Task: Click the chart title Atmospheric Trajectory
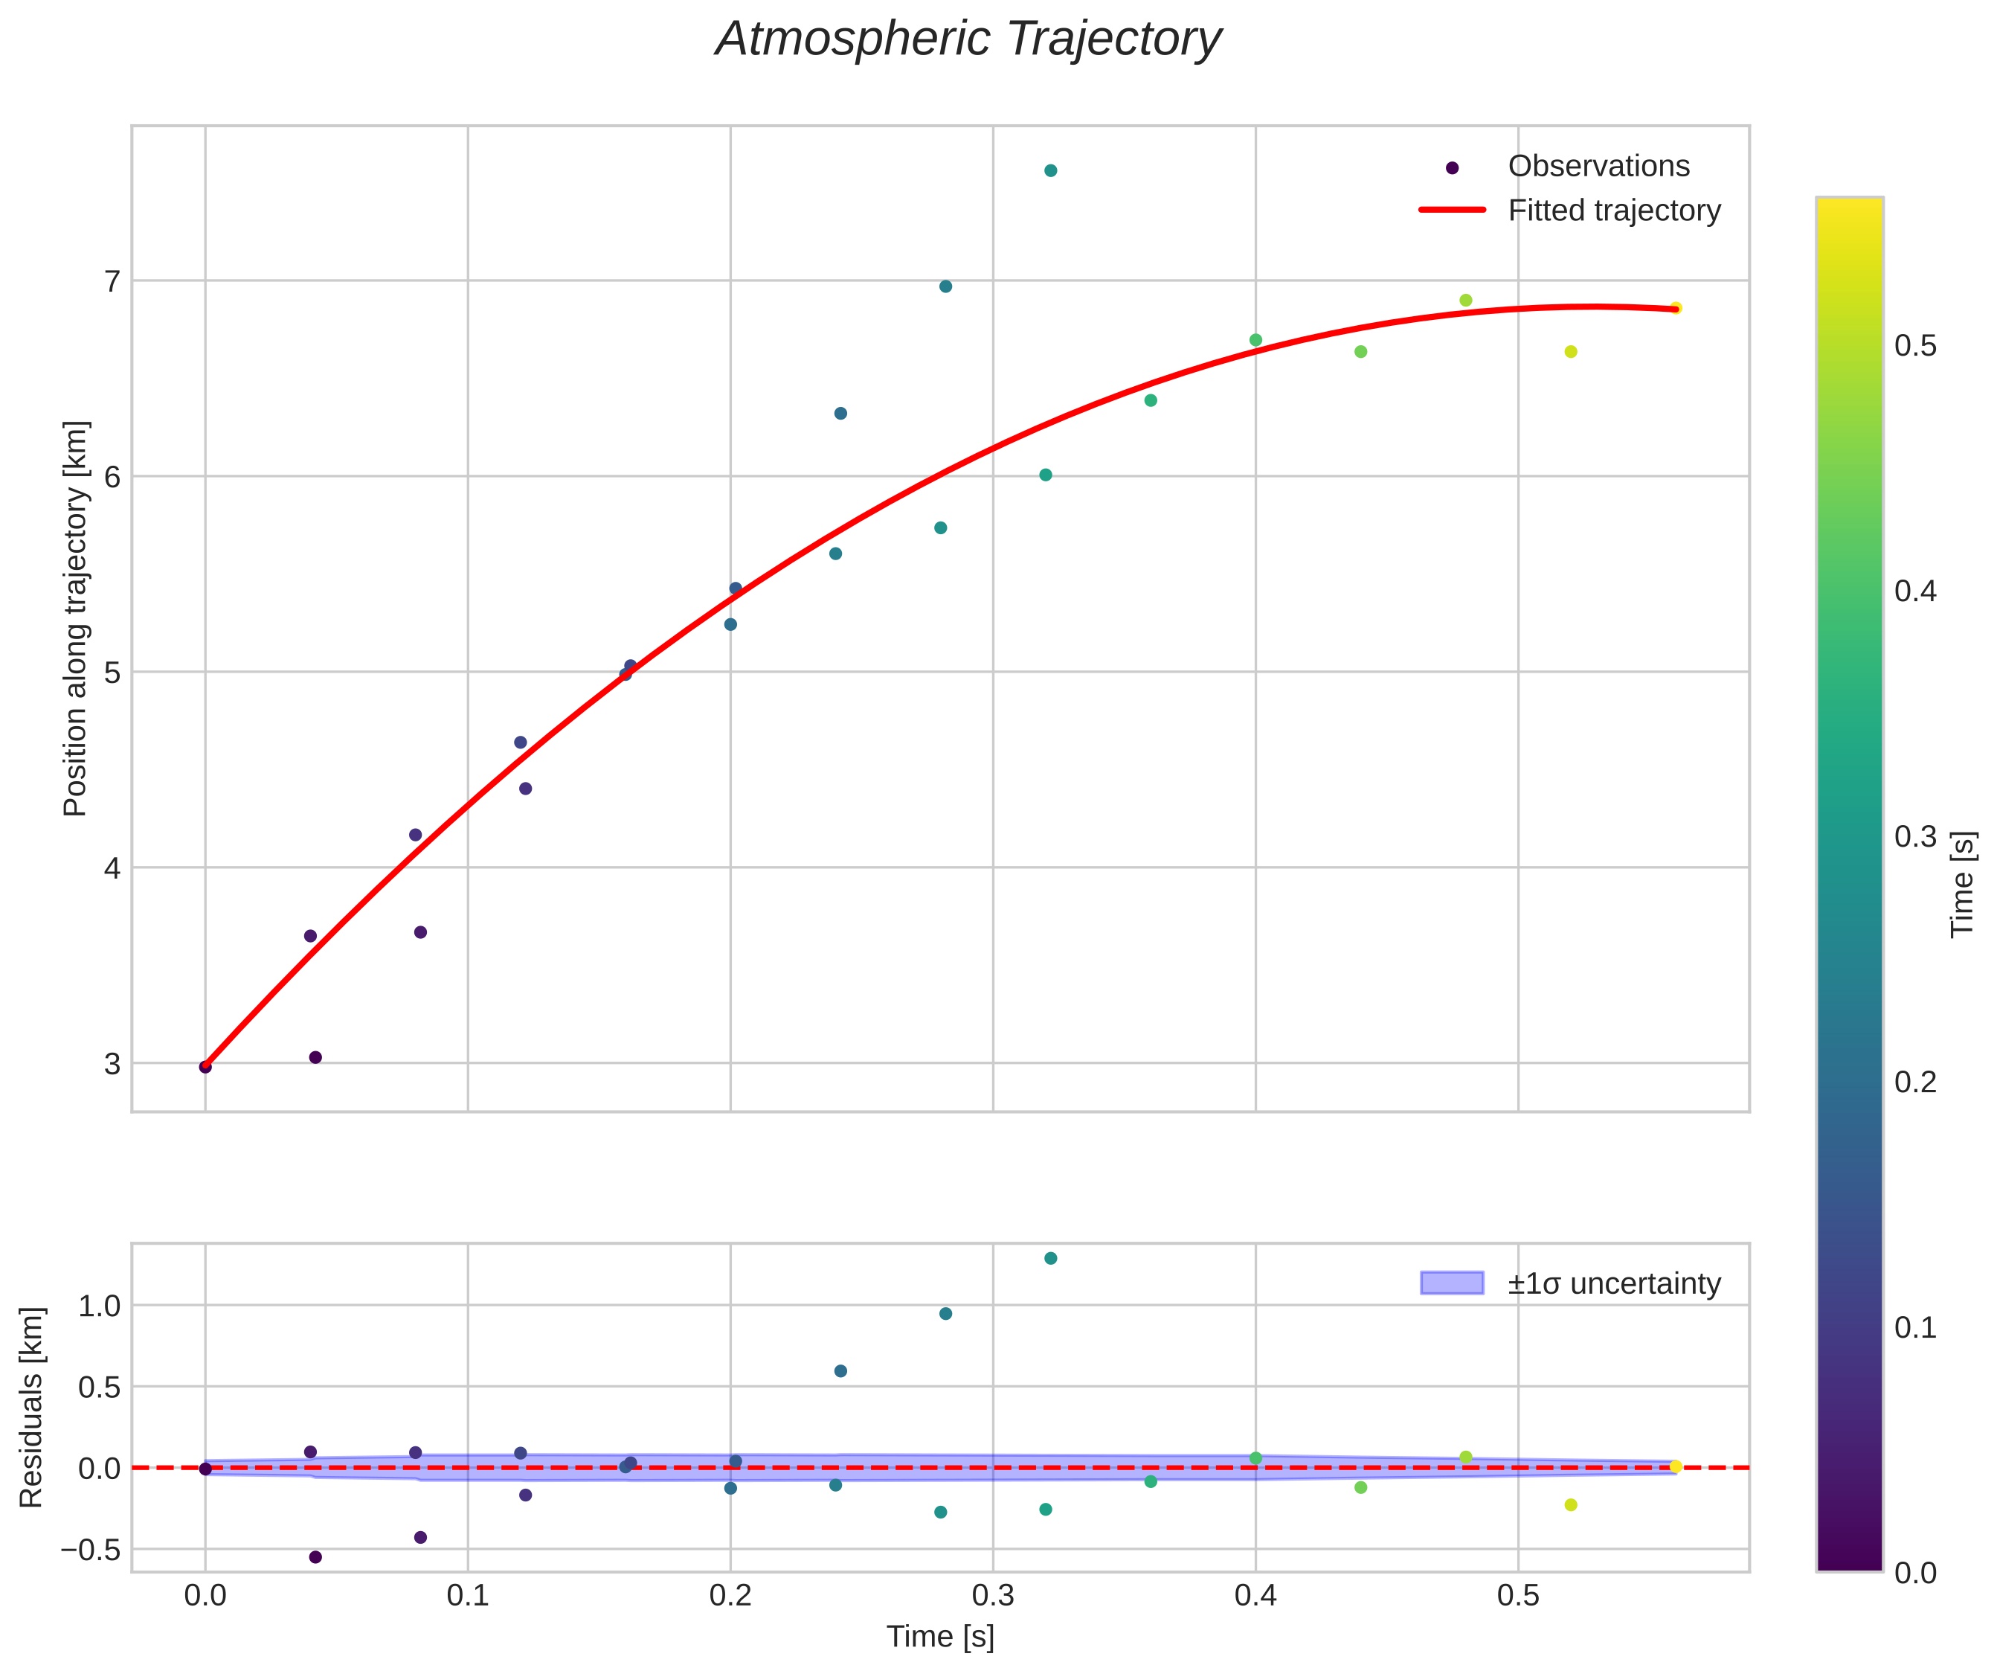tap(968, 40)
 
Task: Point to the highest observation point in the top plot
tap(1051, 170)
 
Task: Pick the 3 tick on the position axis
tap(112, 1063)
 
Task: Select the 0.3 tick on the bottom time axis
tap(993, 1595)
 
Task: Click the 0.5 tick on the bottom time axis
tap(1518, 1595)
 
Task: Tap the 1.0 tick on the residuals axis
tap(99, 1306)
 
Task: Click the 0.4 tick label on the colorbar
tap(1915, 591)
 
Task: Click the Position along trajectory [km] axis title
tap(75, 618)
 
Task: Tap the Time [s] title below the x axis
tap(939, 1637)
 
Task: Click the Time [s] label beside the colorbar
tap(1963, 885)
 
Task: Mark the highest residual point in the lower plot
tap(1051, 1258)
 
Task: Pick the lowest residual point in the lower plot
tap(315, 1557)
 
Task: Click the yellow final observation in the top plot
tap(1676, 308)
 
